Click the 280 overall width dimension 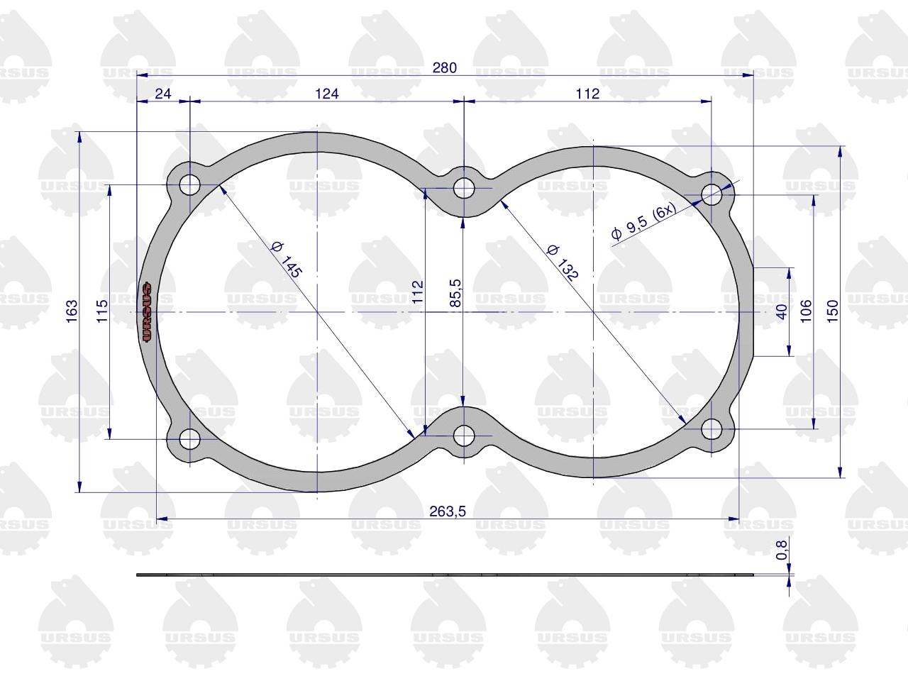coord(445,68)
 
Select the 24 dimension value coord(163,94)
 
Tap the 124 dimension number coord(327,94)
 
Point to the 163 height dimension coord(72,311)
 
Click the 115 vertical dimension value coord(101,311)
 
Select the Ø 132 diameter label coord(562,262)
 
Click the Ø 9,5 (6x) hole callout coord(643,221)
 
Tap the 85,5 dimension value coord(455,293)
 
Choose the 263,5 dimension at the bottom coord(448,511)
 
